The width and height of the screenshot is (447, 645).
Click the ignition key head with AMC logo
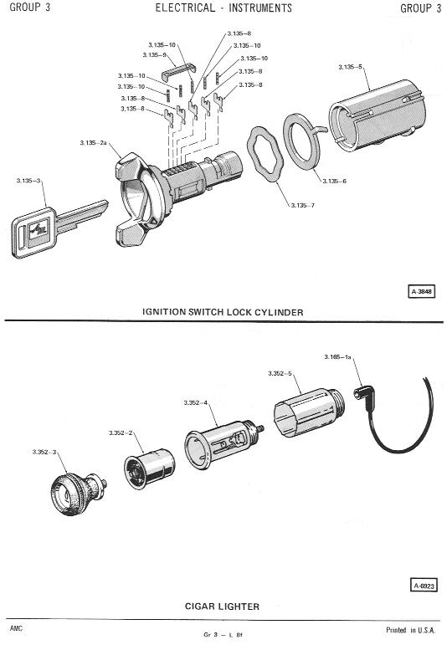click(x=33, y=233)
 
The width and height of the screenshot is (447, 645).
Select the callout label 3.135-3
click(x=28, y=181)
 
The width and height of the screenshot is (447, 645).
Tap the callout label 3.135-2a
click(x=94, y=143)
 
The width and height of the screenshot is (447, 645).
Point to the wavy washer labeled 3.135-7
click(x=265, y=155)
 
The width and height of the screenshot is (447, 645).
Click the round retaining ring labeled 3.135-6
click(x=302, y=141)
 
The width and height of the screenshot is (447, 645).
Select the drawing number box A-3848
click(x=421, y=291)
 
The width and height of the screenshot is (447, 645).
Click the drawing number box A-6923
click(x=424, y=586)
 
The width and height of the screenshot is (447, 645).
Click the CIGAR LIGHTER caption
click(x=222, y=606)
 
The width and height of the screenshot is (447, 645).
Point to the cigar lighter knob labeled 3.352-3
click(x=79, y=494)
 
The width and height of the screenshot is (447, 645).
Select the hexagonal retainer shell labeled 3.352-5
click(x=309, y=412)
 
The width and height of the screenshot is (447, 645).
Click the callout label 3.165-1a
click(x=337, y=356)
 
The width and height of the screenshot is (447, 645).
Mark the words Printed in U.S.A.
click(x=410, y=630)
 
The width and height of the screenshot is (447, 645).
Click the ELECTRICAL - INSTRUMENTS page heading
click(x=223, y=8)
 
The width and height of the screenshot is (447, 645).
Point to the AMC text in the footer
click(x=17, y=628)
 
